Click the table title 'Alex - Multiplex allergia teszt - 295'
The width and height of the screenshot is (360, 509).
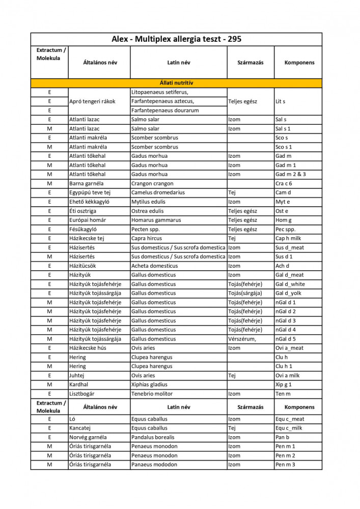coord(176,39)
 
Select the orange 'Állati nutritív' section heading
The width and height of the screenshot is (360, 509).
coord(176,82)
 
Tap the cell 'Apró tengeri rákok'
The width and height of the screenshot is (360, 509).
coord(92,101)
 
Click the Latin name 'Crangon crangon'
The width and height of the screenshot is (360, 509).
coord(152,183)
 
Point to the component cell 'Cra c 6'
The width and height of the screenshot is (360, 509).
coord(284,183)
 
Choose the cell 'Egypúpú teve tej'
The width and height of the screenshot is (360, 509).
coord(90,192)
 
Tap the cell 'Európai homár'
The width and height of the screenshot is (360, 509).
coord(89,220)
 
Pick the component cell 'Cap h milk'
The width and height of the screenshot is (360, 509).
coord(288,238)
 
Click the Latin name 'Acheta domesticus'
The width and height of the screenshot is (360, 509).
coord(154,266)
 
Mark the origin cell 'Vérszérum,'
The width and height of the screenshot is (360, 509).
coord(242,339)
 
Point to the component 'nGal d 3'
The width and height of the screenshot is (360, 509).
coord(286,321)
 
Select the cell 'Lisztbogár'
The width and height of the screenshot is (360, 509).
coord(84,394)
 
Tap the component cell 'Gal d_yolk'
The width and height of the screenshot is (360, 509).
coord(289,293)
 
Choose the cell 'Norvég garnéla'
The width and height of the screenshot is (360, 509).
coord(88,437)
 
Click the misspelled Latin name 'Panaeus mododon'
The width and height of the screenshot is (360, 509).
coord(154,465)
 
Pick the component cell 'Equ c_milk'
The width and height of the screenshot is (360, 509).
coord(289,428)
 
